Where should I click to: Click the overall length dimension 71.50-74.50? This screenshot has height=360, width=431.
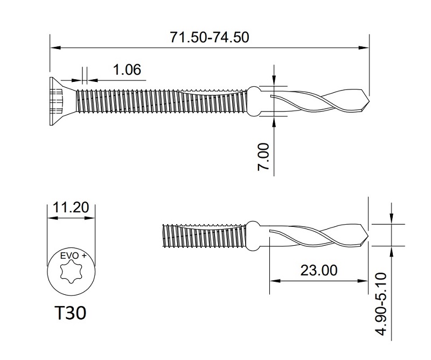(x=210, y=37)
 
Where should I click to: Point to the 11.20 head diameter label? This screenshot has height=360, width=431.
(x=71, y=208)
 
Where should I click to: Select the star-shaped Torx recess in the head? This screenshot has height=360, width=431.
(x=71, y=274)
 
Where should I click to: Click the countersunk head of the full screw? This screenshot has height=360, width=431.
(x=58, y=101)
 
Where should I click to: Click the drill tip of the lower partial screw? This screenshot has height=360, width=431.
(x=365, y=235)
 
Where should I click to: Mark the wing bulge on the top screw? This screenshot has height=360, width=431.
(x=255, y=100)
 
